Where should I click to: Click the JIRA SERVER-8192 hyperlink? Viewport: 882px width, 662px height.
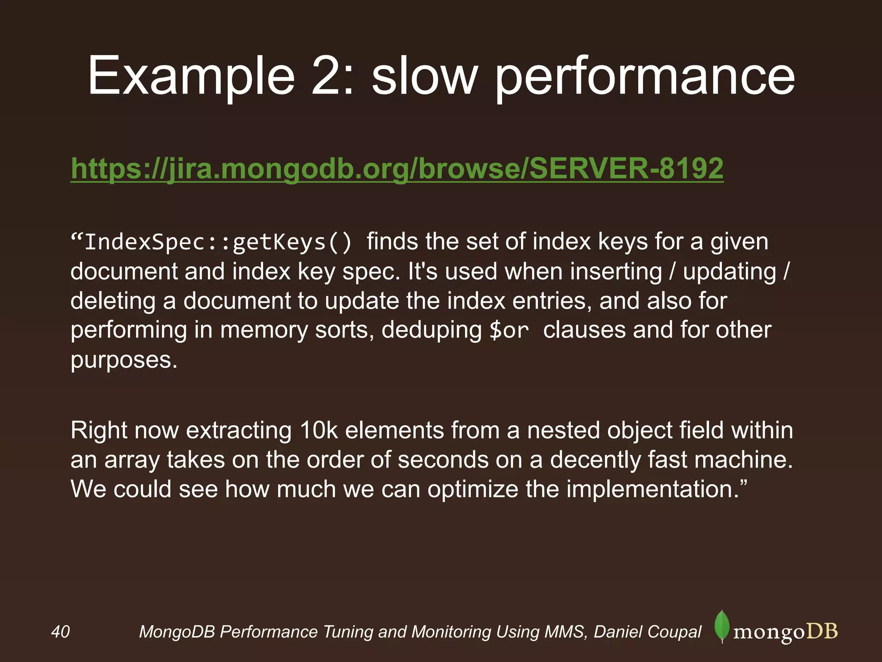[x=397, y=168]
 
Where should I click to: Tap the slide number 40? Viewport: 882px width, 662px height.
[x=60, y=632]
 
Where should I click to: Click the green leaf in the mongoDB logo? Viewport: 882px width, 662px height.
[x=722, y=626]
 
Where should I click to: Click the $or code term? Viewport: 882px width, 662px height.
[x=509, y=331]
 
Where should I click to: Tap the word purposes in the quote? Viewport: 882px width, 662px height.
[x=124, y=360]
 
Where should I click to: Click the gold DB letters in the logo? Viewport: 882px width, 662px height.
[x=822, y=631]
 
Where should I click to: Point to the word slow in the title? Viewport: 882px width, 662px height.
[x=425, y=76]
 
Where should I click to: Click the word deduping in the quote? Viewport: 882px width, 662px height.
[x=432, y=330]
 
